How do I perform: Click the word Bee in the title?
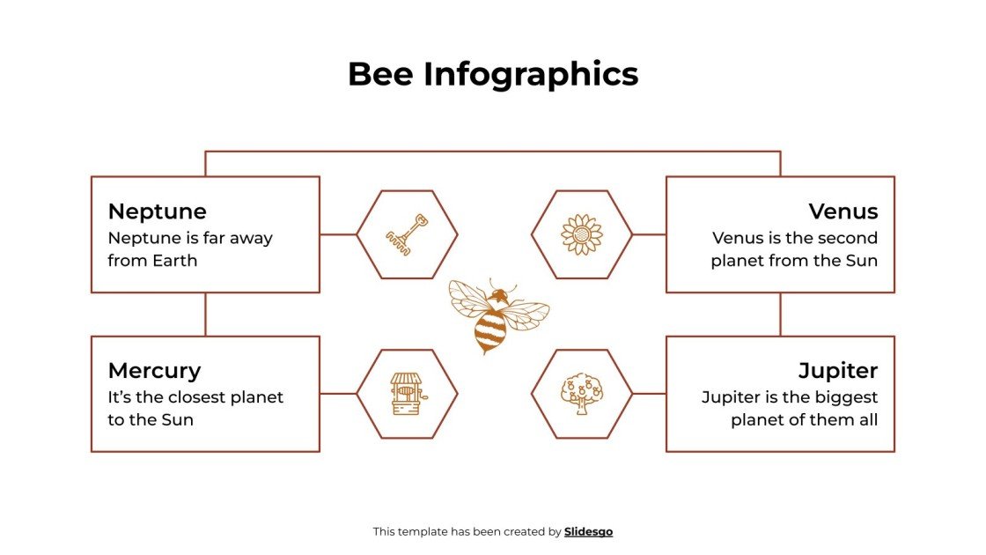[380, 74]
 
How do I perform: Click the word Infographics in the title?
[531, 74]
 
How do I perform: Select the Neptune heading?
[157, 211]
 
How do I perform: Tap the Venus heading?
[843, 211]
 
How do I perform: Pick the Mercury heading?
[154, 370]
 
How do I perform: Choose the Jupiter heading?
[838, 370]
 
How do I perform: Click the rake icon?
[406, 234]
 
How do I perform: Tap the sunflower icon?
[581, 234]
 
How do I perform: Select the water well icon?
[406, 394]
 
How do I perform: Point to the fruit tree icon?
[580, 393]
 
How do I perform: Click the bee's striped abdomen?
[489, 329]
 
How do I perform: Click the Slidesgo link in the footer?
[588, 531]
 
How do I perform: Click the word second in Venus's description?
[849, 238]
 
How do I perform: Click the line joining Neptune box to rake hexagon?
[338, 234]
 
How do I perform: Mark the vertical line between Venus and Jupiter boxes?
[780, 314]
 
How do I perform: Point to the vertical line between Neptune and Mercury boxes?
[205, 314]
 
